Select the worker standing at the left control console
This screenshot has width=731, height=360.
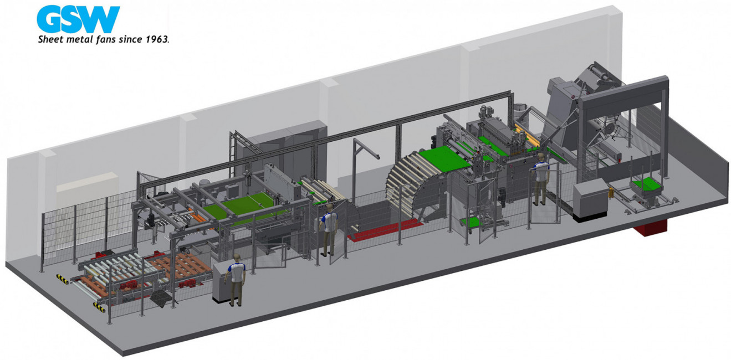point(237,279)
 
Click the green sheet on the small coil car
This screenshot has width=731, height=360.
point(646,184)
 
